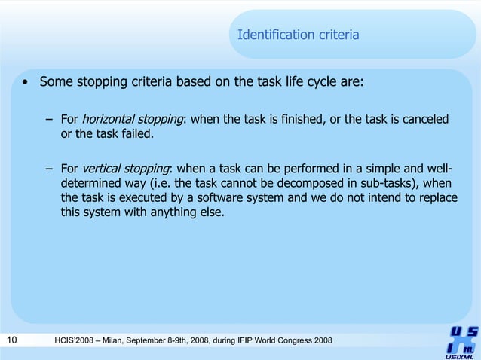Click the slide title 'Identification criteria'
tap(298, 35)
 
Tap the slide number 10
tap(11, 342)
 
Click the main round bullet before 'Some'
tap(26, 82)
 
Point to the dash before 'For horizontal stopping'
tap(49, 120)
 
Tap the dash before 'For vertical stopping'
tap(49, 168)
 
